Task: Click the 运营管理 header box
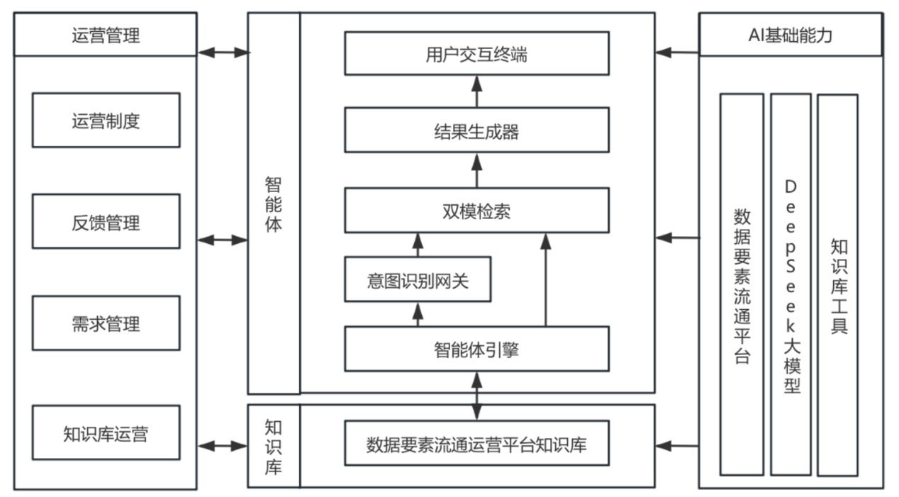(106, 34)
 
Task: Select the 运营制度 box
(106, 121)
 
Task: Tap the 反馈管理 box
(106, 223)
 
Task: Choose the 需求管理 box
(106, 324)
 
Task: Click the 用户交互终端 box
(476, 53)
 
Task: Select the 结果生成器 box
(476, 130)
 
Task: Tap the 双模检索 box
(476, 210)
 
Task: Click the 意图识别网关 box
(418, 280)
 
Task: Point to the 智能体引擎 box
(476, 349)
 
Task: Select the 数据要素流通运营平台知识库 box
(476, 445)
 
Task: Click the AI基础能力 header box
(791, 34)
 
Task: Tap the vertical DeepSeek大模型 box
(791, 284)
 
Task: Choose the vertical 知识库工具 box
(837, 284)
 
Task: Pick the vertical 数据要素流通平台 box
(742, 284)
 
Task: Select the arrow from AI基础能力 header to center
(677, 52)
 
